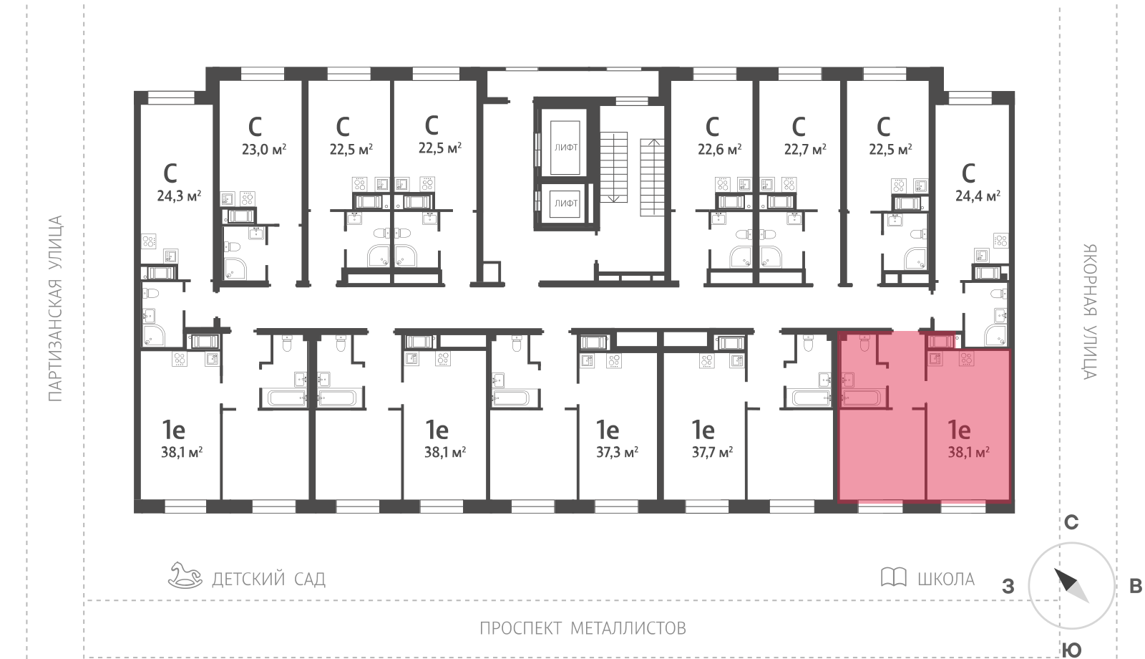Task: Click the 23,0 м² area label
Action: pyautogui.click(x=264, y=150)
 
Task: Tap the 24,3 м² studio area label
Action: pyautogui.click(x=179, y=196)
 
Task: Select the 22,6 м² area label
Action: pyautogui.click(x=720, y=150)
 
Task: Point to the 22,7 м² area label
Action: pyautogui.click(x=806, y=150)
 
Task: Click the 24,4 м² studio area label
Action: pyautogui.click(x=978, y=196)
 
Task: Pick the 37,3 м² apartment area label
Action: pyautogui.click(x=618, y=452)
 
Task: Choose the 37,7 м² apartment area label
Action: pyautogui.click(x=713, y=452)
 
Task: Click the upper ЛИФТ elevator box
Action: pyautogui.click(x=565, y=148)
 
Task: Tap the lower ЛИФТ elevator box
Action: pyautogui.click(x=565, y=203)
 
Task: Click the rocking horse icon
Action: pyautogui.click(x=185, y=576)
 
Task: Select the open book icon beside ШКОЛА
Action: pyautogui.click(x=894, y=577)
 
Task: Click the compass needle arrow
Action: pyautogui.click(x=1071, y=585)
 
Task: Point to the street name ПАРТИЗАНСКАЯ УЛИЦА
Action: pyautogui.click(x=55, y=309)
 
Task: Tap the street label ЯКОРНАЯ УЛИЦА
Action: pyautogui.click(x=1091, y=312)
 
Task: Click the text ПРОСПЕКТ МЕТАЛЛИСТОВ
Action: pyautogui.click(x=583, y=627)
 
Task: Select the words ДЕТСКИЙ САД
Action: pyautogui.click(x=268, y=579)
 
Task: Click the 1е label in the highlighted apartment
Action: pyautogui.click(x=959, y=430)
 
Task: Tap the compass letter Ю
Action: pyautogui.click(x=1071, y=650)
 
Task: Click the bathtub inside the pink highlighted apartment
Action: pyautogui.click(x=862, y=398)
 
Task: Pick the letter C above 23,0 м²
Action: pyautogui.click(x=255, y=126)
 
